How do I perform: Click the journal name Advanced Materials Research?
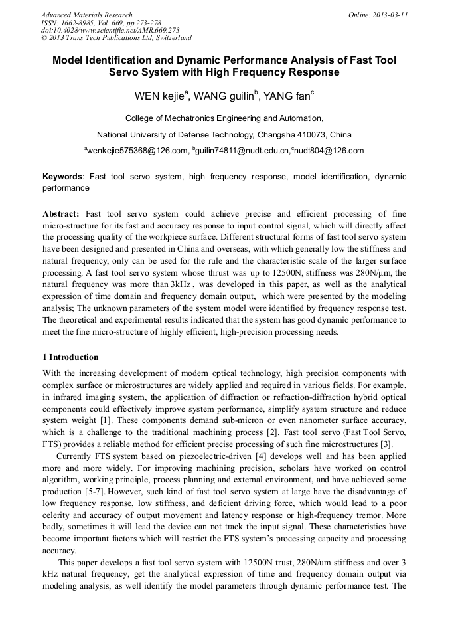(87, 15)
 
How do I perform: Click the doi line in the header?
(110, 30)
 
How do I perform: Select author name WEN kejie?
(161, 96)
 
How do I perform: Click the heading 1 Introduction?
(70, 357)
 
